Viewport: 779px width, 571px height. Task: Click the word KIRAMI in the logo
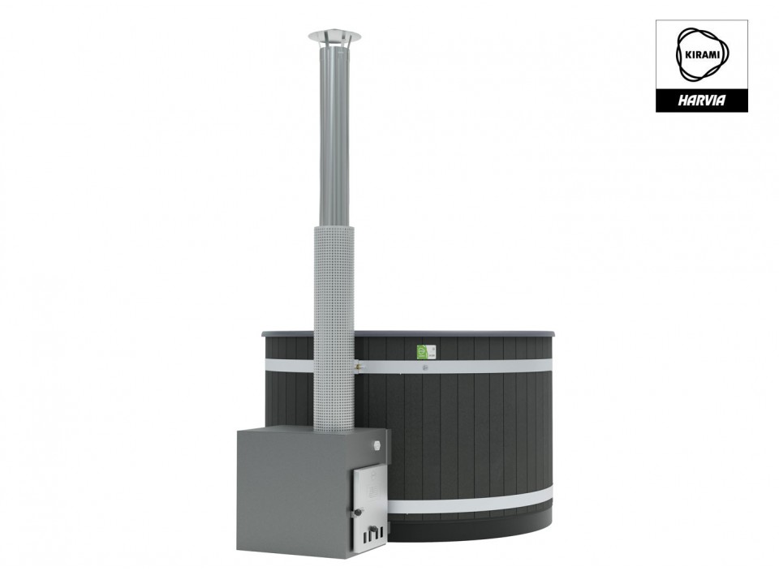(701, 55)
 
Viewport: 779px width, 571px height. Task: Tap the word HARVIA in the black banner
(701, 101)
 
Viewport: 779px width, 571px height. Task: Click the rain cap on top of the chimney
(334, 36)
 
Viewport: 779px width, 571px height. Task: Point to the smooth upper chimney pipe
(334, 134)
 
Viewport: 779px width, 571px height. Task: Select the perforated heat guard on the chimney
(334, 328)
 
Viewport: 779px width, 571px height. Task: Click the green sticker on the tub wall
(422, 351)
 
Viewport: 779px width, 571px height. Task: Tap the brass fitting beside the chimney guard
(358, 367)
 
